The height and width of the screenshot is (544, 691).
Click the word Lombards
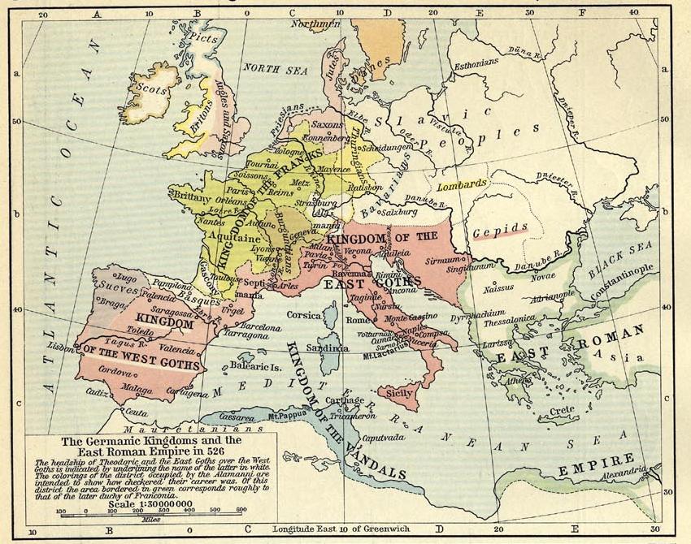[x=462, y=183]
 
